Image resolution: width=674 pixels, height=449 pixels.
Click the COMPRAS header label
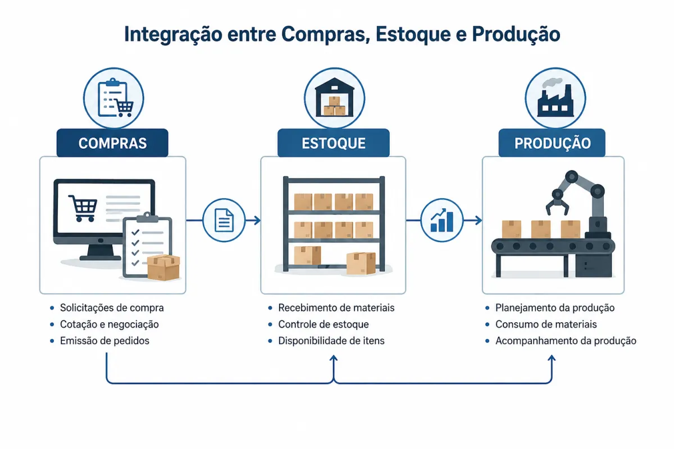(x=112, y=143)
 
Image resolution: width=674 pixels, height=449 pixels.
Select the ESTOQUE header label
(x=334, y=143)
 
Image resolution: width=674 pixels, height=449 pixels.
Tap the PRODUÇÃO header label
(x=553, y=143)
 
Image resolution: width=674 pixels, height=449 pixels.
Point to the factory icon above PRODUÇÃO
(x=555, y=98)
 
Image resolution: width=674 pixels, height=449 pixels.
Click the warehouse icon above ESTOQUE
(x=334, y=97)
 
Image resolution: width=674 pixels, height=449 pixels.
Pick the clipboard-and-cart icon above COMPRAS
(x=116, y=98)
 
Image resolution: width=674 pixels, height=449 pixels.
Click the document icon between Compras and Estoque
(x=224, y=221)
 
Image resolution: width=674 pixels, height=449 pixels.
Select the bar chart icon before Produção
(x=441, y=221)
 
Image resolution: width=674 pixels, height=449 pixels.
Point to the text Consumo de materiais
(x=546, y=324)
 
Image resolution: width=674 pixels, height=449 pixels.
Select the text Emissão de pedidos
(x=104, y=341)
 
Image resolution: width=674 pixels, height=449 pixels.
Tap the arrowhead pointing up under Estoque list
(x=334, y=358)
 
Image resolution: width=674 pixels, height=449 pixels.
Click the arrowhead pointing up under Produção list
(x=552, y=358)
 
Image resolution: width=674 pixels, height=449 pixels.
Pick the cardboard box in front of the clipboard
(x=163, y=267)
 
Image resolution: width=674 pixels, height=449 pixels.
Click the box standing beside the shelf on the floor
(x=361, y=263)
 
